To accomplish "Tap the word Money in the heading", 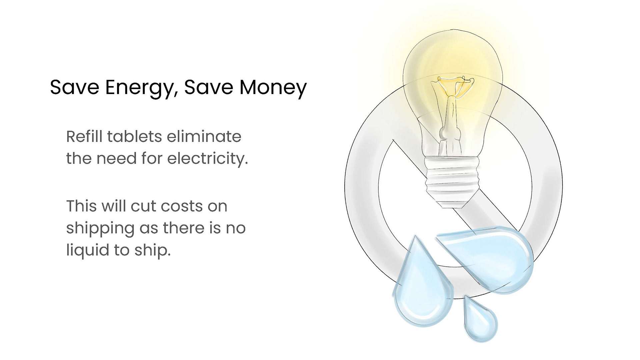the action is (x=273, y=88).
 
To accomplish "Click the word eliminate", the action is (x=204, y=137).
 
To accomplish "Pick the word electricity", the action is (x=208, y=159).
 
